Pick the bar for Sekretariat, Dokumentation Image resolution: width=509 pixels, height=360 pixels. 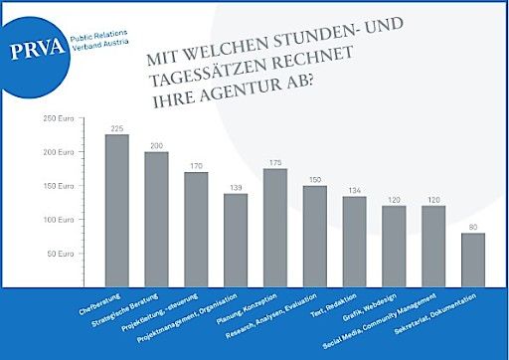(473, 259)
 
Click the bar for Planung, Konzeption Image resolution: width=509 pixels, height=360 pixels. (275, 225)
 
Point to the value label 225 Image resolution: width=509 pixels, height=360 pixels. (116, 128)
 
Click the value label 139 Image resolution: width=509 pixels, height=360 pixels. (236, 187)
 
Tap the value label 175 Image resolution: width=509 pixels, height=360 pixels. (275, 162)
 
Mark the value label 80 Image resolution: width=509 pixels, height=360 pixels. (473, 227)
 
